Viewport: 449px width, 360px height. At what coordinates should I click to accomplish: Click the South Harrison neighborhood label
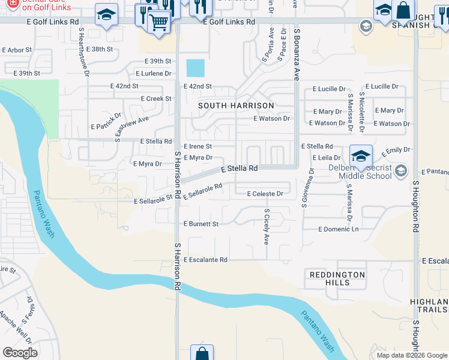[237, 106]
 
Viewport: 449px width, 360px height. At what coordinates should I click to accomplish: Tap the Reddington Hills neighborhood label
[337, 278]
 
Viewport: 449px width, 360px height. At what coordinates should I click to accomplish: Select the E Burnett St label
[201, 224]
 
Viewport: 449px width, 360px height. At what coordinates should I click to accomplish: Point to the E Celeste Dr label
[265, 194]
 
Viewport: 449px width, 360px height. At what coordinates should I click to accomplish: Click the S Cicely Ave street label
[267, 227]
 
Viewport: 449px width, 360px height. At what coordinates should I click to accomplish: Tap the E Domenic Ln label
[339, 229]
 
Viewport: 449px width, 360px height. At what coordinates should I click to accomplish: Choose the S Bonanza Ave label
[296, 53]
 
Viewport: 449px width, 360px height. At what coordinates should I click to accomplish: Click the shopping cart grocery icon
[158, 22]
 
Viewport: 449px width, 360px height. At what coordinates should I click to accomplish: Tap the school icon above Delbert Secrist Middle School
[361, 156]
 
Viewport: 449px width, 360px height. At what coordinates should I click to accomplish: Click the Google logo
[20, 353]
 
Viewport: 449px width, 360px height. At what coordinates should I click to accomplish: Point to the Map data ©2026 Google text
[412, 355]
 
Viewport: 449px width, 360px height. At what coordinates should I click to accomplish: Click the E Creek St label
[156, 98]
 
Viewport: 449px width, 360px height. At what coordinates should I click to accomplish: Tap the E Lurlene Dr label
[154, 73]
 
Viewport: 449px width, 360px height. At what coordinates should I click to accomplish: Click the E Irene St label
[197, 146]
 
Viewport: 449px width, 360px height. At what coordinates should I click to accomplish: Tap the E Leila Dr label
[327, 158]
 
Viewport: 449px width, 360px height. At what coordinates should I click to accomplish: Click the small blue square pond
[195, 68]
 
